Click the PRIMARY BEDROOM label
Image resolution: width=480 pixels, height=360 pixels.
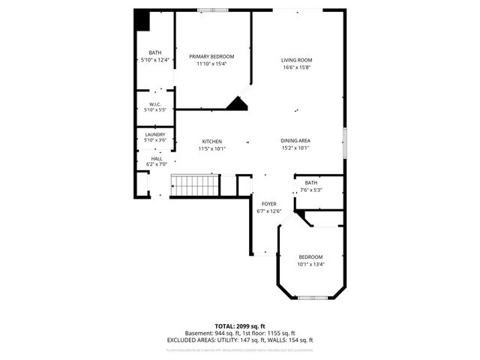211,56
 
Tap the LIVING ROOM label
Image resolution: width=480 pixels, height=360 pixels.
296,60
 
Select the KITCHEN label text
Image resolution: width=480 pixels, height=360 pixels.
211,141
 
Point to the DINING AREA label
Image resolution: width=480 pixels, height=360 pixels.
295,141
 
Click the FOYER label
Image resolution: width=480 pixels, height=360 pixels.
268,204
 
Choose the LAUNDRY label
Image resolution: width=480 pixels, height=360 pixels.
155,134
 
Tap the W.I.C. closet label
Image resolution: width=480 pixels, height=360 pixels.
155,104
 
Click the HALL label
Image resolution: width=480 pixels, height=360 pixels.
156,158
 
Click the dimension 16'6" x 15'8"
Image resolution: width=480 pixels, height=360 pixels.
296,67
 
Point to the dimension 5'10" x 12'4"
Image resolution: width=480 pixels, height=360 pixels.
155,60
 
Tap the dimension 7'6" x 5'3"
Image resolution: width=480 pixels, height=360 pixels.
310,190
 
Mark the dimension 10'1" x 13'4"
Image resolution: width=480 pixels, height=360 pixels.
310,263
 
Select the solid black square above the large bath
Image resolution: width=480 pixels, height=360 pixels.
142,21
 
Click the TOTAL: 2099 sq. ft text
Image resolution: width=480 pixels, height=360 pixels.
239,326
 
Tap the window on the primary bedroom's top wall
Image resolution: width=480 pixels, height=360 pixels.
212,10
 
